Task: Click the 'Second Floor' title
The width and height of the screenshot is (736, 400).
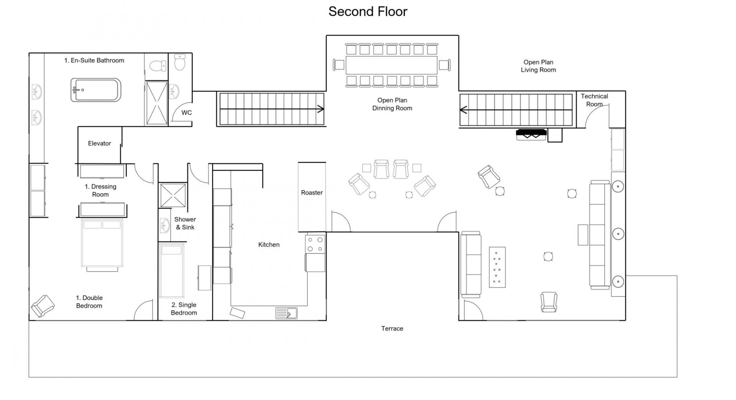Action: tap(368, 12)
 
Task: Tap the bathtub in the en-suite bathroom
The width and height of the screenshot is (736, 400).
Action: tap(96, 90)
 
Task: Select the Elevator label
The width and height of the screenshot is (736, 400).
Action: tap(99, 143)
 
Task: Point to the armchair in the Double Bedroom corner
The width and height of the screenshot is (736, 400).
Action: tap(43, 306)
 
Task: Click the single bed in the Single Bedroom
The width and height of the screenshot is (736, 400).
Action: tap(171, 270)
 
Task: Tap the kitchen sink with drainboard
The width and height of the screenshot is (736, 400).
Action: tap(286, 313)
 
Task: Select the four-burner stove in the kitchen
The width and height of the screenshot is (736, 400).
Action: tap(315, 244)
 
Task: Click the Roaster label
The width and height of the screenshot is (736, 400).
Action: tap(312, 193)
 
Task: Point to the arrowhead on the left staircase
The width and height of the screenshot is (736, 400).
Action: tap(321, 109)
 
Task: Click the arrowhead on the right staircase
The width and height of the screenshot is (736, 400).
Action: tap(463, 110)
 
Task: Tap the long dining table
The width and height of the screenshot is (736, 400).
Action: tap(391, 65)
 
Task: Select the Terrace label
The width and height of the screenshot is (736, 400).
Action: tap(392, 328)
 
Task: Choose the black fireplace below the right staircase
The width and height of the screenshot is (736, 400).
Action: tap(531, 134)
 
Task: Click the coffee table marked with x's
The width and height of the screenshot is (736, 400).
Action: tap(497, 267)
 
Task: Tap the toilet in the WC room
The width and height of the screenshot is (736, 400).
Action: tap(180, 62)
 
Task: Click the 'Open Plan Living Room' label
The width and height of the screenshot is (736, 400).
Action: tap(538, 66)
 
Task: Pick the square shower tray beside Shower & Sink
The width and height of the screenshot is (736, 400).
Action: tap(173, 195)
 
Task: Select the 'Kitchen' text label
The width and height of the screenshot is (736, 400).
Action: tap(269, 245)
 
